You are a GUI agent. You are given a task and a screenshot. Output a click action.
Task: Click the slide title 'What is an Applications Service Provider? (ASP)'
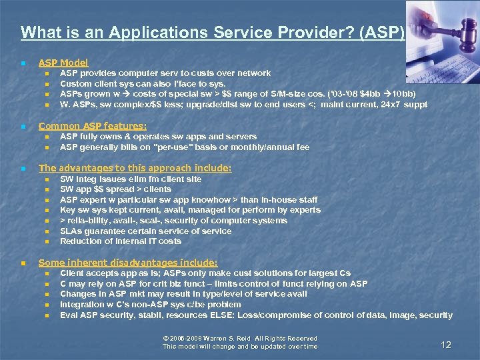coord(212,32)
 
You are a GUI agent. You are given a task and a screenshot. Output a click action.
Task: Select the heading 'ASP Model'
coord(63,63)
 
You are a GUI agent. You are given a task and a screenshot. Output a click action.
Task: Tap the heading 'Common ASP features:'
coord(93,126)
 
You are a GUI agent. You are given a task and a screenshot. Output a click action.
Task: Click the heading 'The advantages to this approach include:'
coord(135,169)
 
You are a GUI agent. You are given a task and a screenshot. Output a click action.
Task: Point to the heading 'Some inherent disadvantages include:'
coord(128,263)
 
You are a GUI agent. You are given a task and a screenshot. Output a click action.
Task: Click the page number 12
coord(446,345)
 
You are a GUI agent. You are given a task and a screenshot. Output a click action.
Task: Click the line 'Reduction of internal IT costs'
coord(121,241)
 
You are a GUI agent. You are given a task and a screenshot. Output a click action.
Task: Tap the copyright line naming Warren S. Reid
coord(240,339)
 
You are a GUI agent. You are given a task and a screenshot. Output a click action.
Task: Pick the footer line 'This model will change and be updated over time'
coord(240,347)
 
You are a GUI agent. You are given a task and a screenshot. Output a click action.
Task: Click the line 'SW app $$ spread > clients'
coord(115,189)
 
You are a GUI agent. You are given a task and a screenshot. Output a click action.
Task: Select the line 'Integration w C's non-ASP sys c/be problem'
coord(151,305)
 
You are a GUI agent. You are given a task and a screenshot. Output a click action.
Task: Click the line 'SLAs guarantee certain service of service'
coord(145,231)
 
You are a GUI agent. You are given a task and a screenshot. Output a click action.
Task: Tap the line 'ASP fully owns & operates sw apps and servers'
coord(158,137)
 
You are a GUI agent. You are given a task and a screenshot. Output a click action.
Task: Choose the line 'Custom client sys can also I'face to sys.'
coord(143,84)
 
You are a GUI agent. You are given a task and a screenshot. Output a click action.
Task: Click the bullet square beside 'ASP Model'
coord(23,63)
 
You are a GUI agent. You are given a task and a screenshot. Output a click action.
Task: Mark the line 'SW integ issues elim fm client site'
coord(131,179)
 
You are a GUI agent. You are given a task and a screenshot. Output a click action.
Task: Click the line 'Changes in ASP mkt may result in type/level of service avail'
coord(183,294)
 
